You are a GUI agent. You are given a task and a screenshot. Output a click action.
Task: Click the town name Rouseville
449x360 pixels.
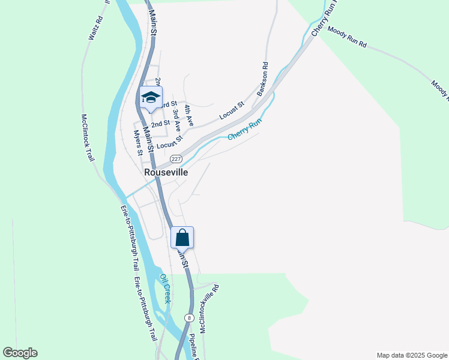click(x=166, y=172)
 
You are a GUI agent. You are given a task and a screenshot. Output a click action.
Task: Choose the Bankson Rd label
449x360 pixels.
click(x=262, y=79)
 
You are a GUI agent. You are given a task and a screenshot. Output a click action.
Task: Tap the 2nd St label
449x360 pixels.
click(x=160, y=124)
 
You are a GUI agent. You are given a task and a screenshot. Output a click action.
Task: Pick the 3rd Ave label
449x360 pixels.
click(x=176, y=120)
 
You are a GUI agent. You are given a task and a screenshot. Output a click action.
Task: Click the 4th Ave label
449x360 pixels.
click(x=189, y=115)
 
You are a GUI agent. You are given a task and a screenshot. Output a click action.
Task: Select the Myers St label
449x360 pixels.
click(x=137, y=142)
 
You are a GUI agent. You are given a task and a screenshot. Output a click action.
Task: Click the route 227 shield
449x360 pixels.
click(x=175, y=158)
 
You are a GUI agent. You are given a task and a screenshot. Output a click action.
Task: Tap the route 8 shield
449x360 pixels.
click(x=190, y=317)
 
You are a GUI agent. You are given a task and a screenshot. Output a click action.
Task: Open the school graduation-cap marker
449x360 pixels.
click(x=151, y=98)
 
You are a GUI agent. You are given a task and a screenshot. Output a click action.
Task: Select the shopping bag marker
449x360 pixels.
click(x=182, y=238)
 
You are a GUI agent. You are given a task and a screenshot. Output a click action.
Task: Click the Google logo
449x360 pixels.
click(x=20, y=353)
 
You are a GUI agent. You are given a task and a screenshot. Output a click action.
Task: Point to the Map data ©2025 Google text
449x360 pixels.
click(x=411, y=355)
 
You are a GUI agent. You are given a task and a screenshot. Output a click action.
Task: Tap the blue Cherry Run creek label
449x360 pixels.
click(x=245, y=129)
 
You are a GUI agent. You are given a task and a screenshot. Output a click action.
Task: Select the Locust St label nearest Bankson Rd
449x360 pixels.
click(x=232, y=109)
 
